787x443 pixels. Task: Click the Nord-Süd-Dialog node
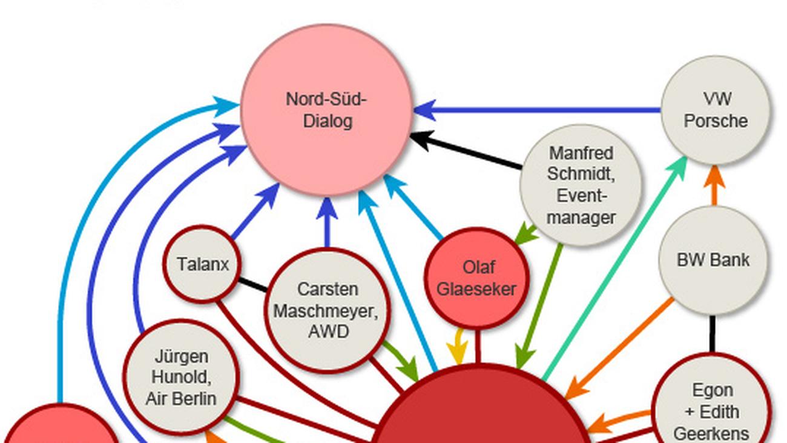(327, 110)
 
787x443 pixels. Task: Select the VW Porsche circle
(716, 110)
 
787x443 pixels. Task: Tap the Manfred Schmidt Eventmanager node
(581, 185)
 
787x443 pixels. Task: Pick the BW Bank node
(713, 260)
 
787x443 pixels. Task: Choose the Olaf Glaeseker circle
(476, 278)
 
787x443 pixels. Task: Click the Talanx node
(202, 264)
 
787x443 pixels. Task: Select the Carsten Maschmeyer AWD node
(328, 310)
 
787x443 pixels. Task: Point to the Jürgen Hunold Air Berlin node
(181, 376)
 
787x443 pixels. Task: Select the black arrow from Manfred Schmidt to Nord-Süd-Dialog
(466, 151)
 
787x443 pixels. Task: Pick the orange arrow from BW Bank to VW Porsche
(714, 185)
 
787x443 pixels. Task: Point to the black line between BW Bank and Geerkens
(713, 333)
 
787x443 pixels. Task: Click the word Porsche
(716, 121)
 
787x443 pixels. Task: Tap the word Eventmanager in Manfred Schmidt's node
(581, 207)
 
